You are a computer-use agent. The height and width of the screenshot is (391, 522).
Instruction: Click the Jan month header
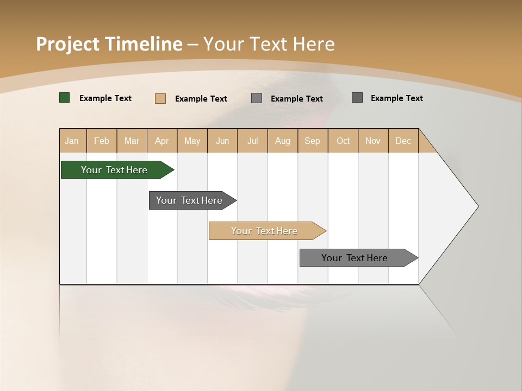click(x=72, y=141)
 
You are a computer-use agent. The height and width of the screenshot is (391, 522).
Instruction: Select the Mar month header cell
click(x=132, y=141)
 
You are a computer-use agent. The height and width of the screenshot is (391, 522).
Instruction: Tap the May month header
click(x=192, y=141)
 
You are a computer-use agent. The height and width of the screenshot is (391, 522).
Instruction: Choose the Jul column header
click(x=252, y=141)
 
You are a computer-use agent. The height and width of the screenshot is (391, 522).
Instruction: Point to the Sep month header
click(x=312, y=141)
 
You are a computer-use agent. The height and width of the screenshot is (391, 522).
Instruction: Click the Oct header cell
click(x=343, y=141)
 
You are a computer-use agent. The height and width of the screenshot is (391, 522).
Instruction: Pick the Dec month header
click(x=403, y=141)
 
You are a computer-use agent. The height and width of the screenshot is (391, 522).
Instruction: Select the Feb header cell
click(x=102, y=141)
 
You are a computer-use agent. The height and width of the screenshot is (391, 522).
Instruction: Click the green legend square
click(x=65, y=98)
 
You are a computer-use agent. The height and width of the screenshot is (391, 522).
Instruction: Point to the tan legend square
click(x=160, y=98)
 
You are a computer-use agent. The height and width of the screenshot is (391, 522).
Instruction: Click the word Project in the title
click(x=67, y=44)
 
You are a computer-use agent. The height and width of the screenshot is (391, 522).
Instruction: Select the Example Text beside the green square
click(x=105, y=98)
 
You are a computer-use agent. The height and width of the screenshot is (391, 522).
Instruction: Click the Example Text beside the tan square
click(x=201, y=99)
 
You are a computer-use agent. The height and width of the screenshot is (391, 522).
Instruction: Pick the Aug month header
click(x=282, y=141)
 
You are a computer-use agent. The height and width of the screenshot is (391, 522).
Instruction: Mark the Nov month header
click(x=373, y=141)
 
